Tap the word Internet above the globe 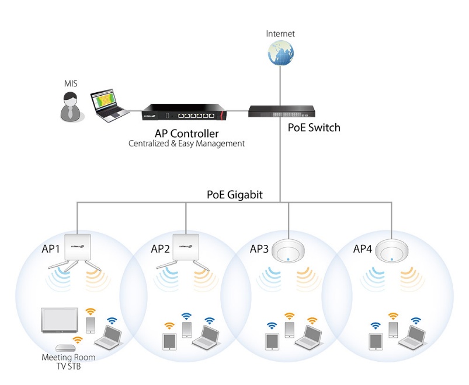coord(280,33)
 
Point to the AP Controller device coord(187,110)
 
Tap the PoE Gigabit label coord(234,195)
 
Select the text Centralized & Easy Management coord(186,143)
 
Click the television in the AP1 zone coord(60,319)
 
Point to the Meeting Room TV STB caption coord(68,361)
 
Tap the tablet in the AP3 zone coord(273,341)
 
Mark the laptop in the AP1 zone coord(109,337)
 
